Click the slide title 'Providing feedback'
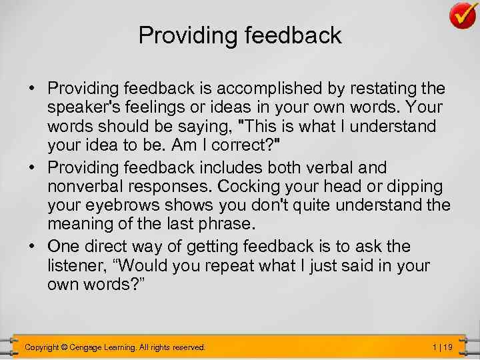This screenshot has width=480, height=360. point(240,35)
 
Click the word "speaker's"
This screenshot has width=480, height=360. point(83,107)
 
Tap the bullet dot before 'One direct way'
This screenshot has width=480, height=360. point(32,247)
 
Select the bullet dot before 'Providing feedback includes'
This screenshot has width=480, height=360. point(32,167)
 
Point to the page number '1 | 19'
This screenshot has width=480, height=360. point(442,347)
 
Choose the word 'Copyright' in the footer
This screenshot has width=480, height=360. point(41,347)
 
